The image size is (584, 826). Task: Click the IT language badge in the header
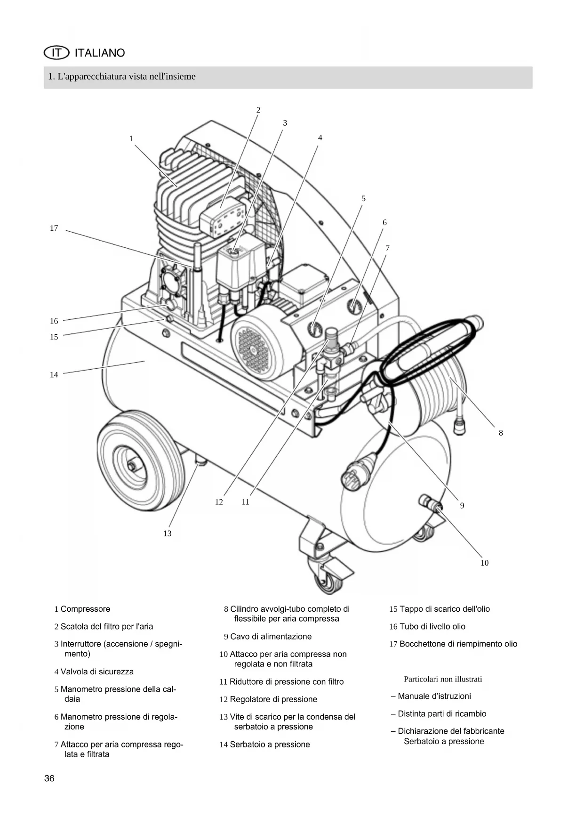pos(56,53)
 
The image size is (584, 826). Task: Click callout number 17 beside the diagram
pos(54,228)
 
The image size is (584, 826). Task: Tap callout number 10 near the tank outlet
pos(485,563)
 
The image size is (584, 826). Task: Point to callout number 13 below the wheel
pos(168,534)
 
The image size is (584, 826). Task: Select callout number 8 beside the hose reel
pos(501,433)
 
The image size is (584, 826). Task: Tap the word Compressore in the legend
pos(86,609)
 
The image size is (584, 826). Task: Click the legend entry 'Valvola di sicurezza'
pos(94,672)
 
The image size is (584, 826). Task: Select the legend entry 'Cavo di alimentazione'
pos(268,637)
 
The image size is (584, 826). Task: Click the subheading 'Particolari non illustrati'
pos(443,679)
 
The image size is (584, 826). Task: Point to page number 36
pos(49,778)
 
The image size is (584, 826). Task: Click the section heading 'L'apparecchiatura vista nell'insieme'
pos(122,76)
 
